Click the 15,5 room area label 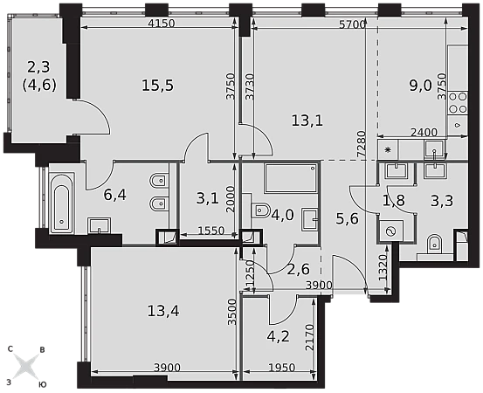tap(158, 86)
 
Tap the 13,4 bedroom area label tap(163, 311)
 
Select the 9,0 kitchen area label tap(421, 86)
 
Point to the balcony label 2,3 tap(38, 67)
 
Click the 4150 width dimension tap(161, 24)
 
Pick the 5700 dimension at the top tap(352, 24)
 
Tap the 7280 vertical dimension tap(362, 145)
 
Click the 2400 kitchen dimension tap(424, 132)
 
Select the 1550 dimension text tap(211, 231)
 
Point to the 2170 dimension tap(310, 338)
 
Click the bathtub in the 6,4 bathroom tap(62, 204)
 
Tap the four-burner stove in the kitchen tap(458, 103)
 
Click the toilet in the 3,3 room tap(435, 244)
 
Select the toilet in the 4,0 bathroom tap(260, 210)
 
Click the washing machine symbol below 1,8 tap(391, 231)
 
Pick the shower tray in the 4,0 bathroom tap(291, 178)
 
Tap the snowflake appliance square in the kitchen tap(388, 150)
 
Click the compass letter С tap(10, 349)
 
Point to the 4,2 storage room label tap(278, 336)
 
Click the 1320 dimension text tap(383, 267)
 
